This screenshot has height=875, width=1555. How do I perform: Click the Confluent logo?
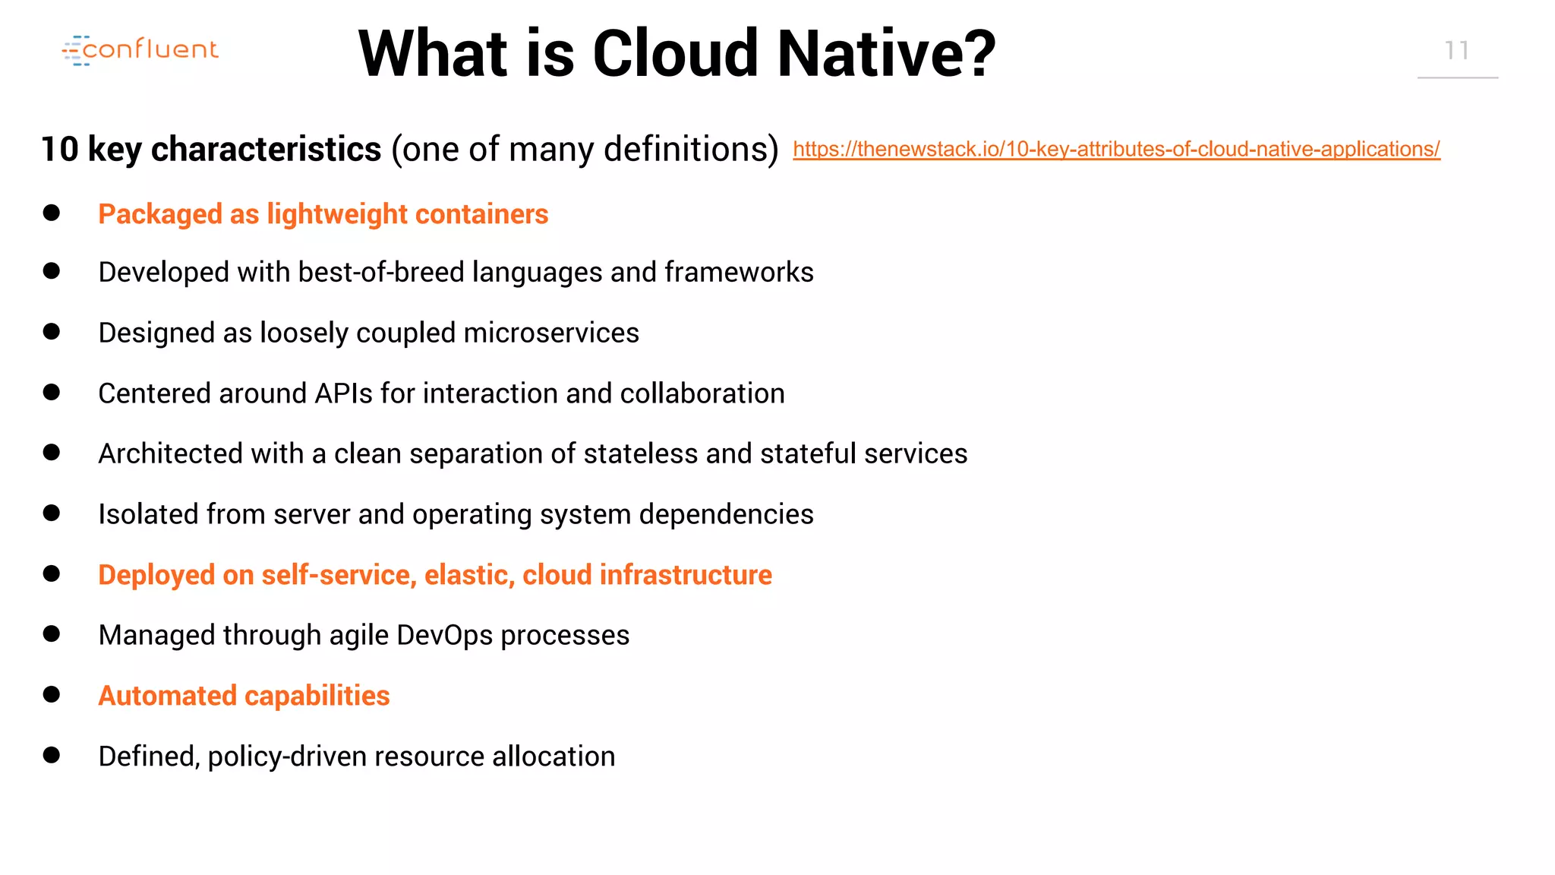140,50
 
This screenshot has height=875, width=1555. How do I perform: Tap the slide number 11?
1456,51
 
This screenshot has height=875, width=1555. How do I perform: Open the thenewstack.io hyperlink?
1116,149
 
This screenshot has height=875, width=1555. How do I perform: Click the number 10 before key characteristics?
59,149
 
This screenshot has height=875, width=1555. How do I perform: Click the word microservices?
551,333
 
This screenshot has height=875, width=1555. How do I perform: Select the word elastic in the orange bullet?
469,575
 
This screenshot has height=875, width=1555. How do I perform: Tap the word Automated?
168,696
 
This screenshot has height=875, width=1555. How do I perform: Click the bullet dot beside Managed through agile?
52,633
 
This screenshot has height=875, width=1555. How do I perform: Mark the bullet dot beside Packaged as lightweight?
52,213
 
